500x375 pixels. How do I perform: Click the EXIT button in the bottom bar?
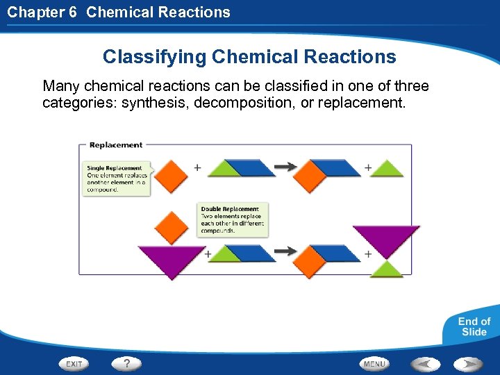coord(74,363)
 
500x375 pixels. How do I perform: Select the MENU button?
coord(374,363)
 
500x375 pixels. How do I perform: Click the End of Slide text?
coord(474,326)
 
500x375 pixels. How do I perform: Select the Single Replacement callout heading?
coord(115,167)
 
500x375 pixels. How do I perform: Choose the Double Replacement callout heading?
coord(230,208)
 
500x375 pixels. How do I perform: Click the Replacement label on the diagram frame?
coord(116,145)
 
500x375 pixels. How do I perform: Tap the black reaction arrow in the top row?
coord(285,167)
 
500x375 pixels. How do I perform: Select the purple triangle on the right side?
coord(386,238)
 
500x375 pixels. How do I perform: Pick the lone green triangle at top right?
coord(387,169)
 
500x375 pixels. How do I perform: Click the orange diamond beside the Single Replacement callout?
coord(171,174)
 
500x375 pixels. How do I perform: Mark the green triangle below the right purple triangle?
coord(386,270)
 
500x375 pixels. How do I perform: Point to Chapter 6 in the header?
coord(42,12)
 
